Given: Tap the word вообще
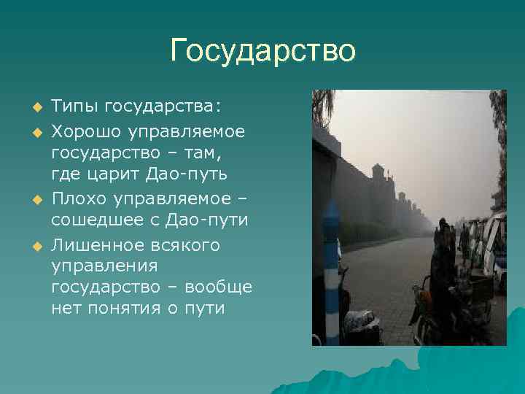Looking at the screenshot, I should (x=218, y=287).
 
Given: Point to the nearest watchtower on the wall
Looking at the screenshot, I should (x=378, y=175).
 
